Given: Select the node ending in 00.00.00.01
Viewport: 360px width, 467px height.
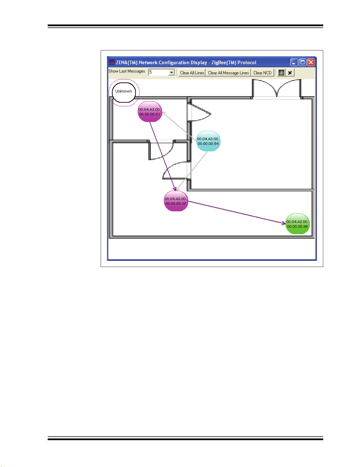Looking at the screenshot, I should point(150,112).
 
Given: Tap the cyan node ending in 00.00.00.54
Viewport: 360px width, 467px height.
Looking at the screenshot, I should point(208,141).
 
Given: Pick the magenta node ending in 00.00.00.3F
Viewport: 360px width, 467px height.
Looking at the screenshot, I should point(176,201).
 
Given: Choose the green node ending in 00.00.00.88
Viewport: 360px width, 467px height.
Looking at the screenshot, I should point(297,224).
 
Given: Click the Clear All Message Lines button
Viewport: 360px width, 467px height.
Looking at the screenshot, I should point(228,73).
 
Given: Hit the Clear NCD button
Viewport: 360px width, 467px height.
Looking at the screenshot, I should point(262,73).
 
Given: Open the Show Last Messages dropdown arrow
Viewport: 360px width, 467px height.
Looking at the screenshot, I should point(172,72).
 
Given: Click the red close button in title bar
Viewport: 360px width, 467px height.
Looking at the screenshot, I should point(311,62).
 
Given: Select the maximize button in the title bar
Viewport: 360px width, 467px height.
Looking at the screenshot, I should point(303,62).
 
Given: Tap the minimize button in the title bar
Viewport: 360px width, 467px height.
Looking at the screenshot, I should point(294,62).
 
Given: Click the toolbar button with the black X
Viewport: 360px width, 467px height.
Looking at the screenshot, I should point(290,73).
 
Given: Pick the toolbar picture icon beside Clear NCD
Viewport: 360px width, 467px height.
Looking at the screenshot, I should point(281,73).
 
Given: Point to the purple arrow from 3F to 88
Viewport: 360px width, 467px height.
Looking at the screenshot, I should point(235,212).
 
